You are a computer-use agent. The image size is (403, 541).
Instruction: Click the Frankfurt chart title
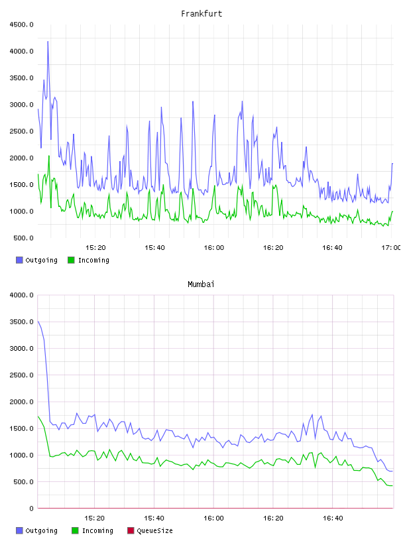201,14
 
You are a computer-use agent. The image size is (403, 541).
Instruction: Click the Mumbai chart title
201,284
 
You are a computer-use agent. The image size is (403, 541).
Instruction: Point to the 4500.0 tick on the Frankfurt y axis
21,25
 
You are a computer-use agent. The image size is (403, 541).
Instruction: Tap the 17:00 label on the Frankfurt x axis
391,248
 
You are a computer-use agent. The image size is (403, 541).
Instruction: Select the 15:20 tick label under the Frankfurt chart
95,248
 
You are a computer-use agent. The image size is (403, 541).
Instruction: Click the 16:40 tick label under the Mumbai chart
333,518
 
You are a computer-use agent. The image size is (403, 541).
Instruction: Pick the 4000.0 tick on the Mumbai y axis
21,295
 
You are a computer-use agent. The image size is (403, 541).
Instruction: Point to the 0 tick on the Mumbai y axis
31,509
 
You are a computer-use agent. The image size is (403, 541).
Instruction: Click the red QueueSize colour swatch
131,530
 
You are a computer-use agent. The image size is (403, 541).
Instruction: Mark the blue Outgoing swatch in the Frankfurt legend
19,260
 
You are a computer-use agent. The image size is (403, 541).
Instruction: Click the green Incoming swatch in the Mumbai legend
75,530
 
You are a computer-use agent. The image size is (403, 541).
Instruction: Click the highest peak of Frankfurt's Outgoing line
48,41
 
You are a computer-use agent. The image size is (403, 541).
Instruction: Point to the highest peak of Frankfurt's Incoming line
49,156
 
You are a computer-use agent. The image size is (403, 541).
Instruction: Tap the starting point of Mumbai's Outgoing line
38,321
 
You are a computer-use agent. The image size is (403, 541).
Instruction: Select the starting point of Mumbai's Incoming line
38,416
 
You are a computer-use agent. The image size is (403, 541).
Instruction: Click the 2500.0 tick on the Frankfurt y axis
21,131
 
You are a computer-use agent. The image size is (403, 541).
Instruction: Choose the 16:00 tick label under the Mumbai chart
213,518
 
